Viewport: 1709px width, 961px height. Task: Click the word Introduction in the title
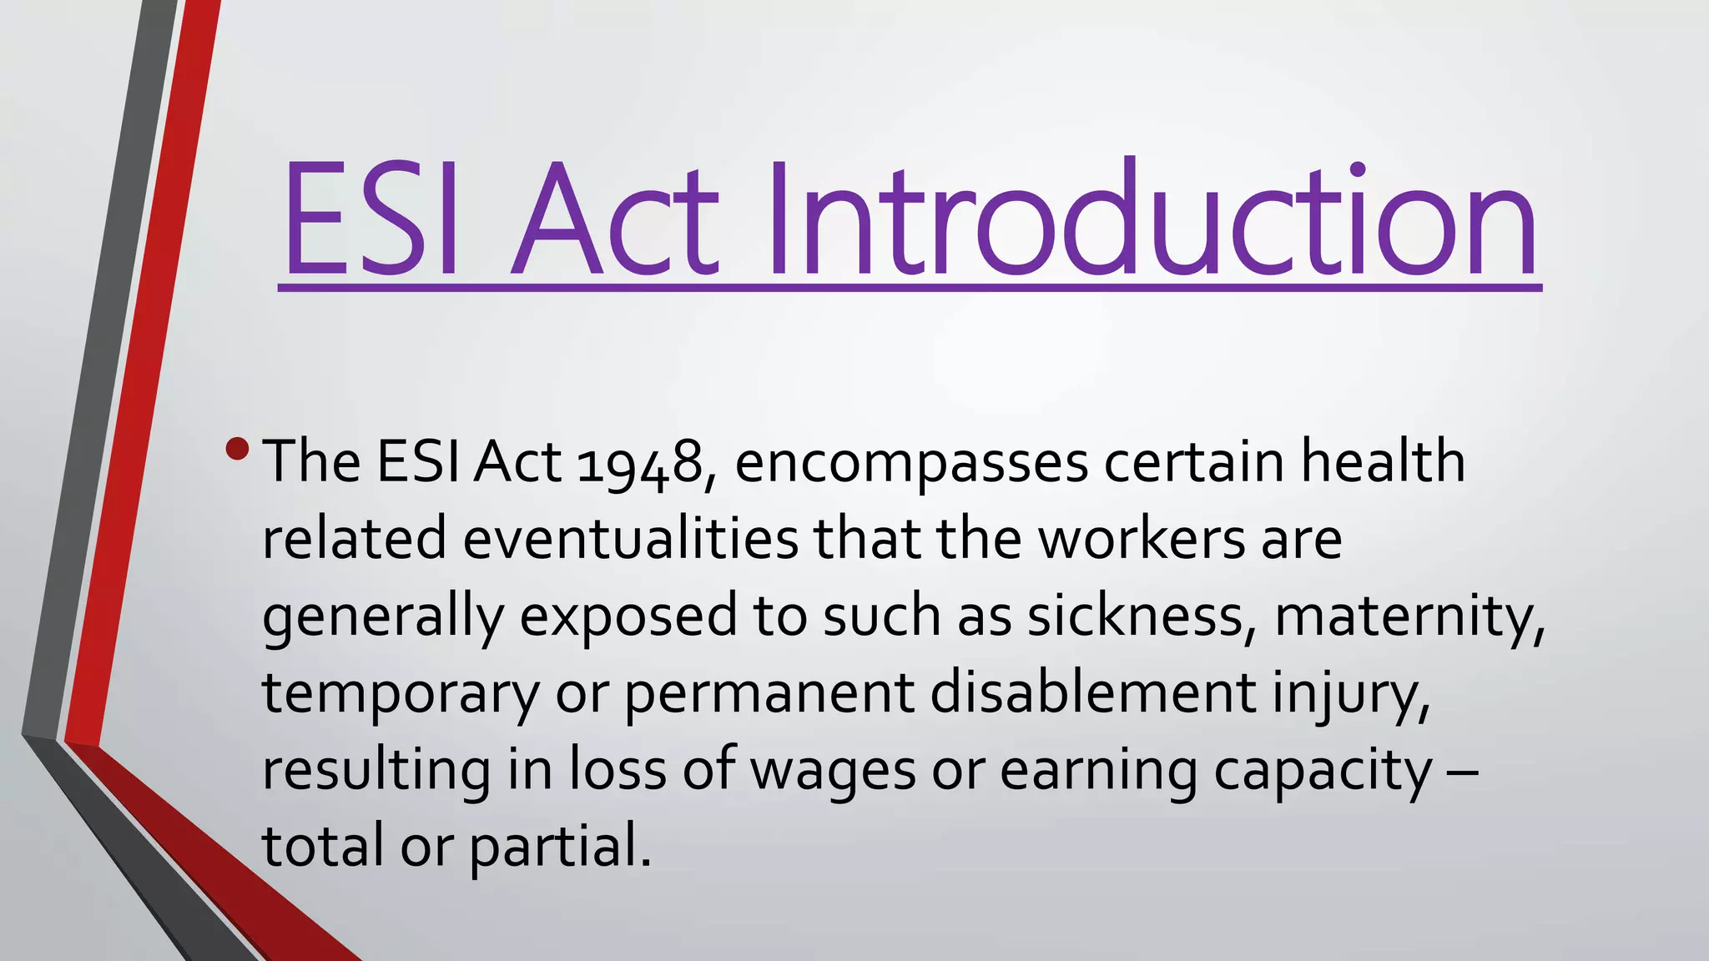point(1152,219)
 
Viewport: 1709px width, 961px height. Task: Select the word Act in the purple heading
point(613,219)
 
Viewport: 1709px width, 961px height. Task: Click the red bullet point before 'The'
point(237,449)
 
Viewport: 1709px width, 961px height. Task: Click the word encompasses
point(911,464)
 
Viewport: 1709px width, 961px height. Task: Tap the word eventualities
point(630,538)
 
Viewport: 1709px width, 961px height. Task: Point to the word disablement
point(1092,692)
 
